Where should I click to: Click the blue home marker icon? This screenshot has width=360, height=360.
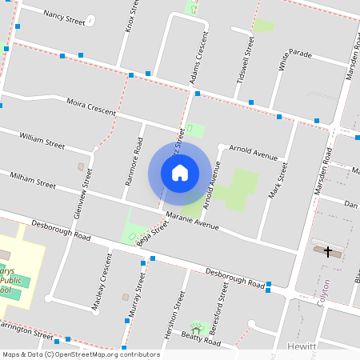click(180, 173)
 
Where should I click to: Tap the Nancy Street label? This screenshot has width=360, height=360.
click(64, 15)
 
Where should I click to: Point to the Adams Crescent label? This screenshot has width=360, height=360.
click(202, 58)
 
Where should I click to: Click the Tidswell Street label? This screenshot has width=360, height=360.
click(250, 54)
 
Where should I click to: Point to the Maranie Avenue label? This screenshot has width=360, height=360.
click(192, 221)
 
